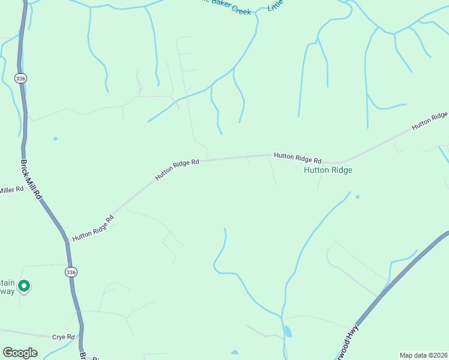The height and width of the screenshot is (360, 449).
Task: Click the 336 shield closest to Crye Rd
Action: pyautogui.click(x=71, y=272)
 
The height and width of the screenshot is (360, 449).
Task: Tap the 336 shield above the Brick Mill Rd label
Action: pyautogui.click(x=21, y=78)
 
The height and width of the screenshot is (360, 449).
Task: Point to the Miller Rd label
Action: pyautogui.click(x=11, y=190)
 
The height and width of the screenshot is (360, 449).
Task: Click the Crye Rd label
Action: pyautogui.click(x=62, y=337)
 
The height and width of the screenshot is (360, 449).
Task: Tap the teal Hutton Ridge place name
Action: pyautogui.click(x=328, y=170)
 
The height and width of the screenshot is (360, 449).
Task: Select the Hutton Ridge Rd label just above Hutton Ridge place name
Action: pyautogui.click(x=298, y=158)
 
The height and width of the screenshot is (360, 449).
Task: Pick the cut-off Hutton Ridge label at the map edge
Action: pyautogui.click(x=430, y=120)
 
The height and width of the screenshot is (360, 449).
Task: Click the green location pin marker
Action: pyautogui.click(x=23, y=286)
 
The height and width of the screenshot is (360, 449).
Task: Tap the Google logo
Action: pyautogui.click(x=20, y=353)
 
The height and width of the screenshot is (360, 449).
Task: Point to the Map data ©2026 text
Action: pyautogui.click(x=423, y=355)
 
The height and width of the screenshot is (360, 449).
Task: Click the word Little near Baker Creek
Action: pyautogui.click(x=276, y=6)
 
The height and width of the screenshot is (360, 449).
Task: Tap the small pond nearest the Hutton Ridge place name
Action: pyautogui.click(x=357, y=196)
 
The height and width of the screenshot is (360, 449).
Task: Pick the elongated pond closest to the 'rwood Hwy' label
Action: pyautogui.click(x=288, y=331)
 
